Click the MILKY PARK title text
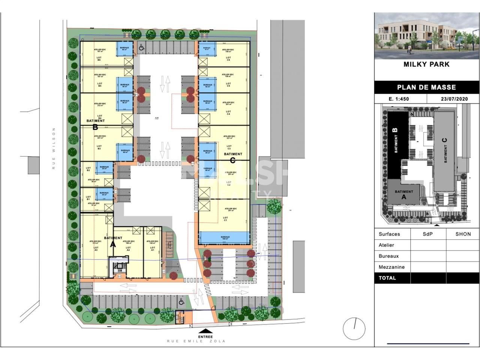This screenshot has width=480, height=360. [426, 64]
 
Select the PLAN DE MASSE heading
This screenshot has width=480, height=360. [426, 87]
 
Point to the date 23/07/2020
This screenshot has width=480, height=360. [455, 99]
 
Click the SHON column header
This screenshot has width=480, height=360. [463, 234]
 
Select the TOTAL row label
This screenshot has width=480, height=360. [387, 278]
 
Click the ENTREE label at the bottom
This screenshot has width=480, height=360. [205, 336]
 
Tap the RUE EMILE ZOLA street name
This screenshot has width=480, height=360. [196, 341]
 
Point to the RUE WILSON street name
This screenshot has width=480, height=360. [54, 148]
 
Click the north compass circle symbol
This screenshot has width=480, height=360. [354, 329]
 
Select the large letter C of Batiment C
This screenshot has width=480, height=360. [232, 160]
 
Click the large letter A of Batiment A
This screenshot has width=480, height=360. [112, 244]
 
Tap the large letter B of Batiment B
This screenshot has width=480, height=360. [95, 127]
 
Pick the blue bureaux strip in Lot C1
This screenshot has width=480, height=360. [224, 237]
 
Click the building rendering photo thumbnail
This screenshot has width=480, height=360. [426, 36]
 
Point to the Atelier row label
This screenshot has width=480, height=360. [386, 245]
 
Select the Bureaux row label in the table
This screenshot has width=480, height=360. [388, 256]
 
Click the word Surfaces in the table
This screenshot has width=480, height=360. [389, 234]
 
